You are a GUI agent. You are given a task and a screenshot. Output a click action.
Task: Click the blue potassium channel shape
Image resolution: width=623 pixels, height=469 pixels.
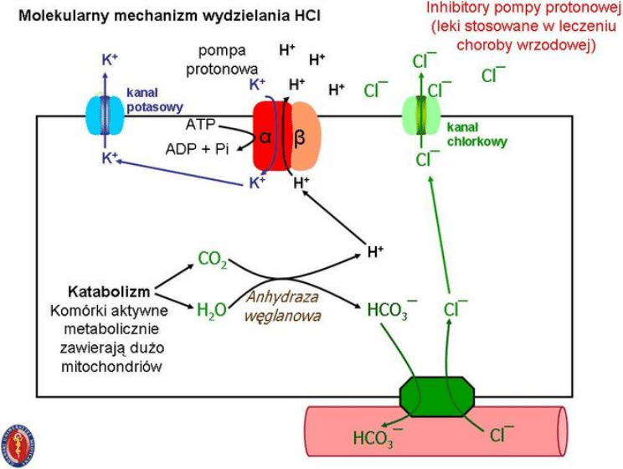[x=104, y=116]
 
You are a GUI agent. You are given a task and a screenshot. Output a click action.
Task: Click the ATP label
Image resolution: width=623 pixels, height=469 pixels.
[x=201, y=125]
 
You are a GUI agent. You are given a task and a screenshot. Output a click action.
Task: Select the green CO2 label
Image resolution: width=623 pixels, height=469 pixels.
[x=212, y=260]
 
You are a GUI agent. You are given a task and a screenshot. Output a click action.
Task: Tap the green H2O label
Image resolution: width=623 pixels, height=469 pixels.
[x=211, y=310]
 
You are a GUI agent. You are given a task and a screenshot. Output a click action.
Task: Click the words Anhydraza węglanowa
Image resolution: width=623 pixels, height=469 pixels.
[x=278, y=308]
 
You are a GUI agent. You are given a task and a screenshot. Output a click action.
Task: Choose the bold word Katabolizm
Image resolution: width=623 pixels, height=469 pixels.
[x=109, y=292]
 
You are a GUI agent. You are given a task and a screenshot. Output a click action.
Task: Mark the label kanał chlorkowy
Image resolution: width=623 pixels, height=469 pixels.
[x=476, y=135]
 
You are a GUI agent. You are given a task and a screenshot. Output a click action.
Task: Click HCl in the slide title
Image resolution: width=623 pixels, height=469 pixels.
[x=304, y=15]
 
